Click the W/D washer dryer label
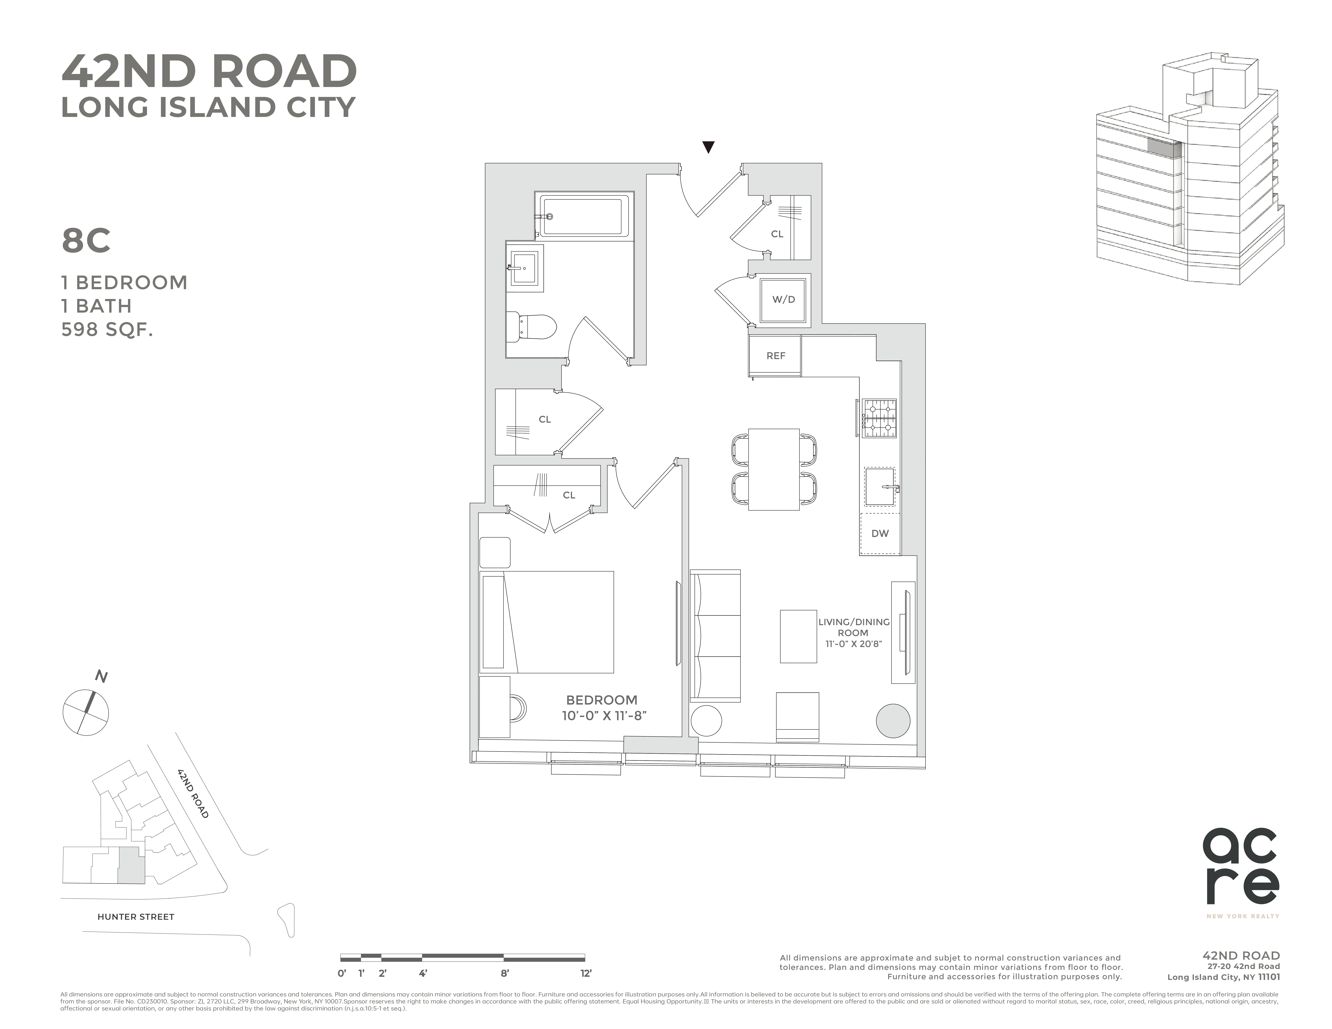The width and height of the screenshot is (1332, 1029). (784, 300)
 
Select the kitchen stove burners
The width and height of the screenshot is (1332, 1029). (879, 418)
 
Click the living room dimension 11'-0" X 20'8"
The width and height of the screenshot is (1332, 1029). (853, 644)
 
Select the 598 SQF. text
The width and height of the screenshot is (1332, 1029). (107, 329)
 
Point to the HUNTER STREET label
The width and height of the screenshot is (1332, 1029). (135, 917)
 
